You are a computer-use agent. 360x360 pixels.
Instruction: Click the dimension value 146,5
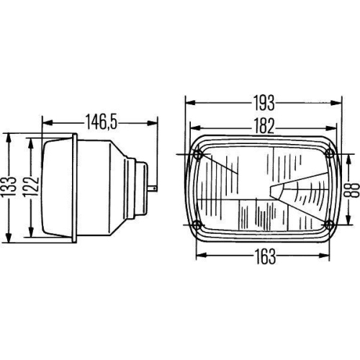99,121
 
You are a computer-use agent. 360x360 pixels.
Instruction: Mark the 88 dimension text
349,189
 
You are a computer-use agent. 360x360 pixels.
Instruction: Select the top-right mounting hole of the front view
330,154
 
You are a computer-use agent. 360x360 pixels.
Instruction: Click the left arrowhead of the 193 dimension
187,102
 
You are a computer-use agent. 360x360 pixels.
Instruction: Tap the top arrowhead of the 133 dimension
9,135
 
